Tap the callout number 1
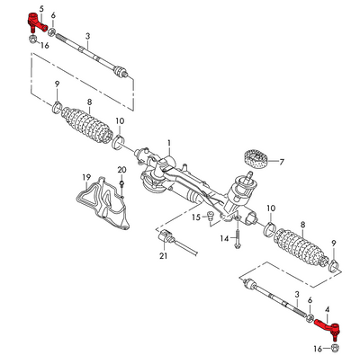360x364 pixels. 168,143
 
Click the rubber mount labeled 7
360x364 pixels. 257,160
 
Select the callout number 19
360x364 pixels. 87,176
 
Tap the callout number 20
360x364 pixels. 121,171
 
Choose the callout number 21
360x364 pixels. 163,257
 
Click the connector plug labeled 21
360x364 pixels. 167,238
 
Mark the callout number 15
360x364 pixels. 195,218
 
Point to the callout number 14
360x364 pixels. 225,237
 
